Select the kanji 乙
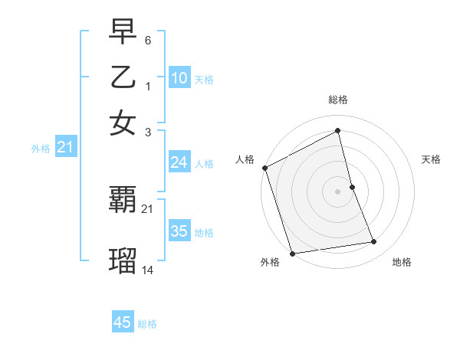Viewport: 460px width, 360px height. point(123,79)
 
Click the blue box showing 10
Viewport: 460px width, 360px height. point(179,78)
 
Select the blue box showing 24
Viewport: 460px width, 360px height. point(179,162)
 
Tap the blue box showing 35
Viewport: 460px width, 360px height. point(179,231)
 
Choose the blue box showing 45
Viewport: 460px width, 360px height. point(123,322)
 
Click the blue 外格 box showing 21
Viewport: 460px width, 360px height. point(65,148)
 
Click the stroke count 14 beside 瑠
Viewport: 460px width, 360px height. point(148,270)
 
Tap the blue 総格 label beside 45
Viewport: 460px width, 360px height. point(147,324)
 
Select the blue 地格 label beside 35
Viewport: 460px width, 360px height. point(204,233)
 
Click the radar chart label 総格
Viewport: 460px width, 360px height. point(337,100)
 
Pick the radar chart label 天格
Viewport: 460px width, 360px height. point(431,159)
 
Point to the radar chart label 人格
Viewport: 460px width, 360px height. point(245,159)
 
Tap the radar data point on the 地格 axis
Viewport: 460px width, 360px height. point(374,242)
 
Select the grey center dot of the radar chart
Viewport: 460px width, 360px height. point(337,191)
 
